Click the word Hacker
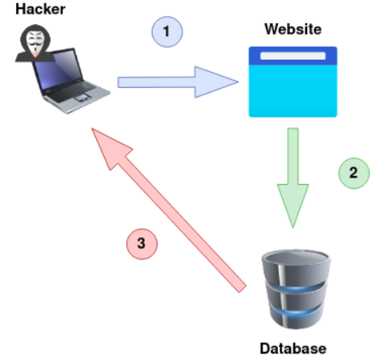pos(40,9)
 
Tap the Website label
pos(293,29)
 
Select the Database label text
pos(293,348)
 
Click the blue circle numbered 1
pos(167,31)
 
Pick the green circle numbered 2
pos(354,173)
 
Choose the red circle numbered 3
pos(142,244)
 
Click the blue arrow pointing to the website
pos(178,82)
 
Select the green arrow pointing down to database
pos(293,178)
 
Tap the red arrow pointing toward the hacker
pos(169,210)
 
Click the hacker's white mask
pos(36,42)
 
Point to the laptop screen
pos(57,69)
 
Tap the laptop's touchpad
pos(82,98)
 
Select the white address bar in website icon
pos(293,56)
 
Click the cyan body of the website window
pos(293,90)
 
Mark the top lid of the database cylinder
pos(296,257)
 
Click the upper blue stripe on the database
pos(296,289)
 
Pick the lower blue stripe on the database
pos(296,312)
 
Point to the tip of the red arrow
pos(92,128)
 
